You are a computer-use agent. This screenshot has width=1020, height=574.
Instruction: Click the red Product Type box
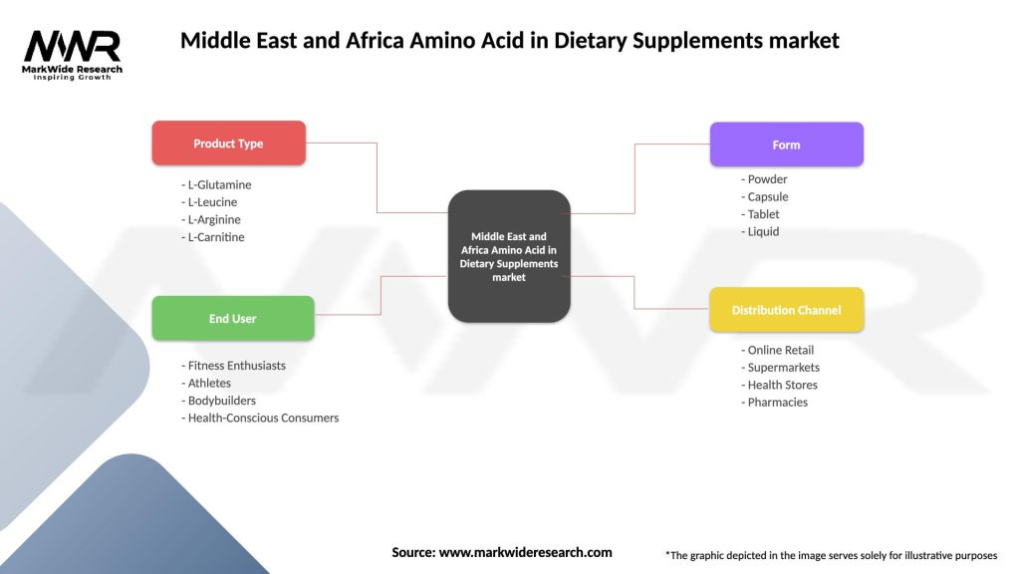[x=228, y=143]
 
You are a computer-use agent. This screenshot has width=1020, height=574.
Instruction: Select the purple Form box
[x=786, y=144]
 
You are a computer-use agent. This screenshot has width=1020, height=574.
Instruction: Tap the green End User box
[x=232, y=319]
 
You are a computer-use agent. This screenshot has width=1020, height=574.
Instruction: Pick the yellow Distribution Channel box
[x=786, y=310]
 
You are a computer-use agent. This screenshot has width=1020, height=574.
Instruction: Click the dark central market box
[x=509, y=256]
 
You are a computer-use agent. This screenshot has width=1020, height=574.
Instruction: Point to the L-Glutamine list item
[x=216, y=184]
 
